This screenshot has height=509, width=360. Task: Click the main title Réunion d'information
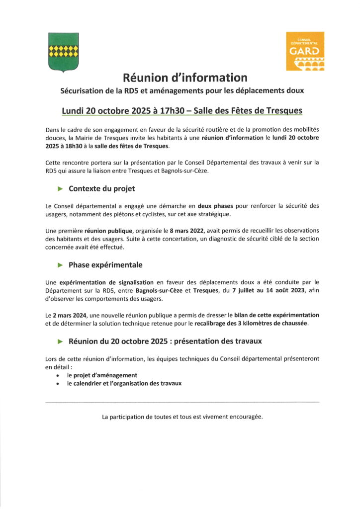tap(185, 78)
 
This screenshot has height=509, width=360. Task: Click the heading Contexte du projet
tap(101, 189)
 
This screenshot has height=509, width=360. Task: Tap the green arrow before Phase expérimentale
tap(61, 265)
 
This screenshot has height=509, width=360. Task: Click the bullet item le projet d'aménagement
tap(102, 375)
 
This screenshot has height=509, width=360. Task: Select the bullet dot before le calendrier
tap(58, 384)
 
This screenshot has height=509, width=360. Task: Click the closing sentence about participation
tap(182, 417)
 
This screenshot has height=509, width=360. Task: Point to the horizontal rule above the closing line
tap(182, 402)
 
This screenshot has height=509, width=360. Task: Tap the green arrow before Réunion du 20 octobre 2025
tap(61, 341)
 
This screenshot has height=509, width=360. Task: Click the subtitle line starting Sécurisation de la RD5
tap(182, 91)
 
